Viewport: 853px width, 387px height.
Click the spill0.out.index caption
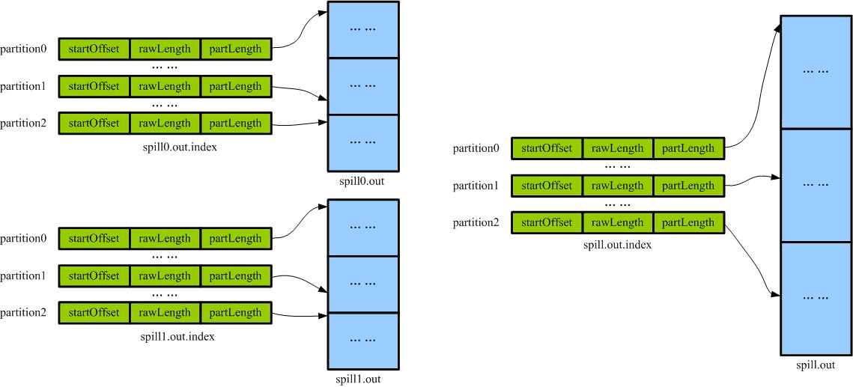tap(177, 147)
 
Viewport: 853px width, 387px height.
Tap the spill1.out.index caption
tap(177, 336)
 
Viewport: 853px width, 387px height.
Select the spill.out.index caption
tap(617, 245)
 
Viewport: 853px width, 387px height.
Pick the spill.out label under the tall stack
tap(816, 365)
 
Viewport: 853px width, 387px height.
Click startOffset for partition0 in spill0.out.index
tap(94, 49)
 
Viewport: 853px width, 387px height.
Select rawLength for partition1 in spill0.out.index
tap(164, 86)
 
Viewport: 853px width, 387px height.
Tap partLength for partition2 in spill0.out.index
tap(235, 124)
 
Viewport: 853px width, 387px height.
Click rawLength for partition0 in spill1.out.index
tap(164, 238)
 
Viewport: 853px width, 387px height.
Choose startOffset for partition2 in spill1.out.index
tap(94, 313)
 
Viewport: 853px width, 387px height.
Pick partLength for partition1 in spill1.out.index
tap(235, 275)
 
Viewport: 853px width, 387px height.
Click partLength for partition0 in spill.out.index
tap(688, 148)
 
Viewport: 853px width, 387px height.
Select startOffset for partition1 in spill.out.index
tap(547, 186)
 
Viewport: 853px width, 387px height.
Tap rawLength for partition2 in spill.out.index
tap(618, 222)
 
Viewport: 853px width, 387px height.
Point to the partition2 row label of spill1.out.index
tap(23, 313)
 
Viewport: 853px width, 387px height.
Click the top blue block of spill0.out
tap(363, 29)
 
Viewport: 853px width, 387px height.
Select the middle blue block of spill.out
tap(816, 185)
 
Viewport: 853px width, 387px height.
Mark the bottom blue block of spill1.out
tap(363, 341)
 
